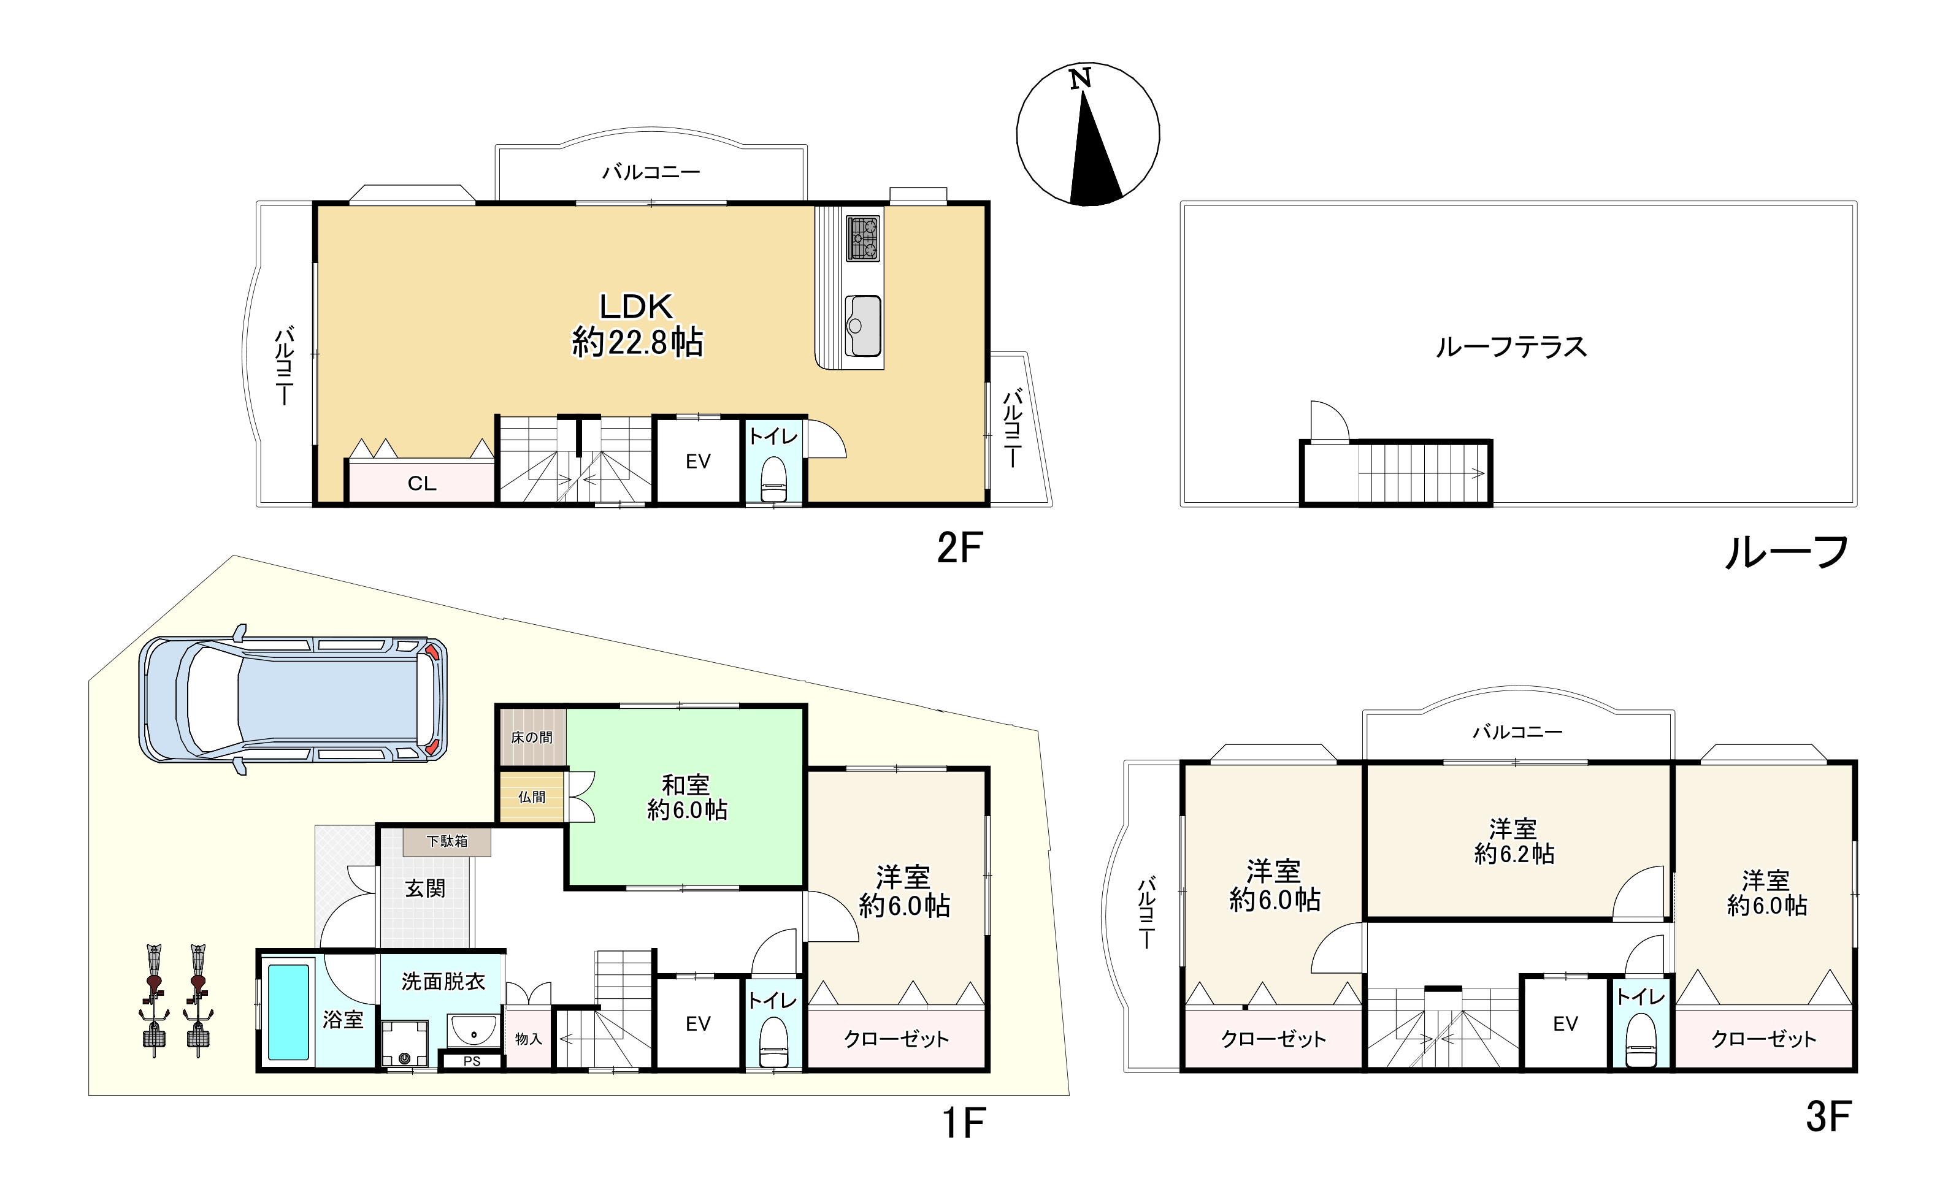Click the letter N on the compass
pyautogui.click(x=1081, y=78)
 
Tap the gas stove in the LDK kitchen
pyautogui.click(x=864, y=238)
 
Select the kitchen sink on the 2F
pyautogui.click(x=864, y=326)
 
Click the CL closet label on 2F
pyautogui.click(x=421, y=483)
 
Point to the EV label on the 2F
pyautogui.click(x=697, y=461)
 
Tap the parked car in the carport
pyautogui.click(x=293, y=700)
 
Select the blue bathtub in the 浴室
pyautogui.click(x=288, y=1011)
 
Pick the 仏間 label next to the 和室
pyautogui.click(x=531, y=797)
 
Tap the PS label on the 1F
pyautogui.click(x=472, y=1061)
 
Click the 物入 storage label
pyautogui.click(x=528, y=1039)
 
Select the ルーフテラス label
pyautogui.click(x=1511, y=347)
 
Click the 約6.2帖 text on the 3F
pyautogui.click(x=1514, y=854)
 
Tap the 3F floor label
pyautogui.click(x=1828, y=1117)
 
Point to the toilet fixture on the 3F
pyautogui.click(x=1641, y=1041)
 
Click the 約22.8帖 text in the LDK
pyautogui.click(x=637, y=342)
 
